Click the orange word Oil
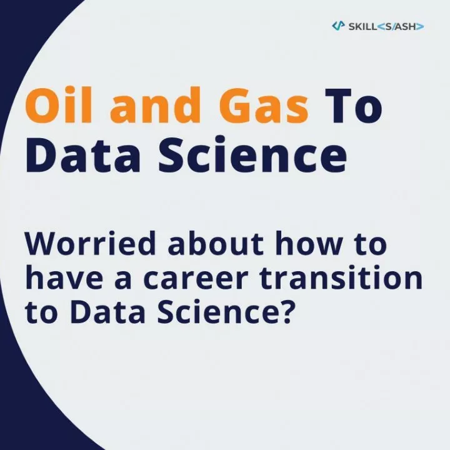(59, 105)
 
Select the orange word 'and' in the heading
(155, 105)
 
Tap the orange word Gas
(264, 106)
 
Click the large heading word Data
(83, 154)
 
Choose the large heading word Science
(252, 154)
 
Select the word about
(216, 243)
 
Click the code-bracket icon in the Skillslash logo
(338, 26)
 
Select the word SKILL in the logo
(362, 27)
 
